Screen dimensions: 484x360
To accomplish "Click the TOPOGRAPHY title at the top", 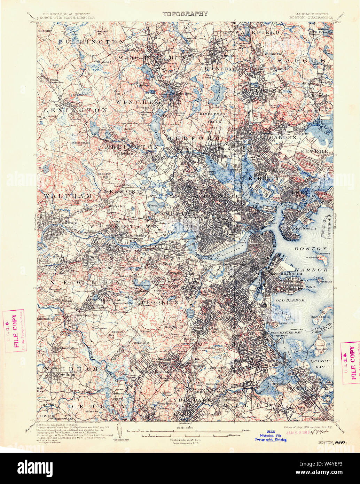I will point(185,14).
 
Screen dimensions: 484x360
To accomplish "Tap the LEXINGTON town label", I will point(76,110).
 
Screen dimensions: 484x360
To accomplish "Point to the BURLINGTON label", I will point(91,41).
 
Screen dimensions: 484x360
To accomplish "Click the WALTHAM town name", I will point(68,196).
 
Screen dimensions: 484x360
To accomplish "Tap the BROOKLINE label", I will point(163,303).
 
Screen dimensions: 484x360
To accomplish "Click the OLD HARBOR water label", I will point(290,300).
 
